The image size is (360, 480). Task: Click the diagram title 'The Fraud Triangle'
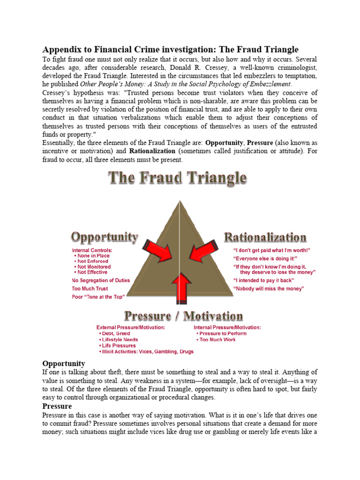pyautogui.click(x=177, y=178)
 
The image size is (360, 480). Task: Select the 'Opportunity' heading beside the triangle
pyautogui.click(x=105, y=237)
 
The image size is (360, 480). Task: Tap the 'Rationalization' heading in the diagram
pyautogui.click(x=265, y=237)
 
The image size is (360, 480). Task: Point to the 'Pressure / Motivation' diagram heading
pyautogui.click(x=183, y=315)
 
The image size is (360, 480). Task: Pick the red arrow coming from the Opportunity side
pyautogui.click(x=157, y=251)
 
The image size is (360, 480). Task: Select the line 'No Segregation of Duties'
pyautogui.click(x=101, y=280)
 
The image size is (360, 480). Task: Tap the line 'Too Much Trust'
pyautogui.click(x=90, y=289)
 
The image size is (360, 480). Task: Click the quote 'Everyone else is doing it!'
pyautogui.click(x=265, y=258)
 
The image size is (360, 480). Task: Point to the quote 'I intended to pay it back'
pyautogui.click(x=264, y=280)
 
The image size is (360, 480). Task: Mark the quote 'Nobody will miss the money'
pyautogui.click(x=269, y=289)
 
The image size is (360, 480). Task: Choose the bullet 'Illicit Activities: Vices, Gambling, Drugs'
pyautogui.click(x=146, y=351)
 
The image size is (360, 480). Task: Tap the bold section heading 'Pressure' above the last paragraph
pyautogui.click(x=57, y=406)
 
